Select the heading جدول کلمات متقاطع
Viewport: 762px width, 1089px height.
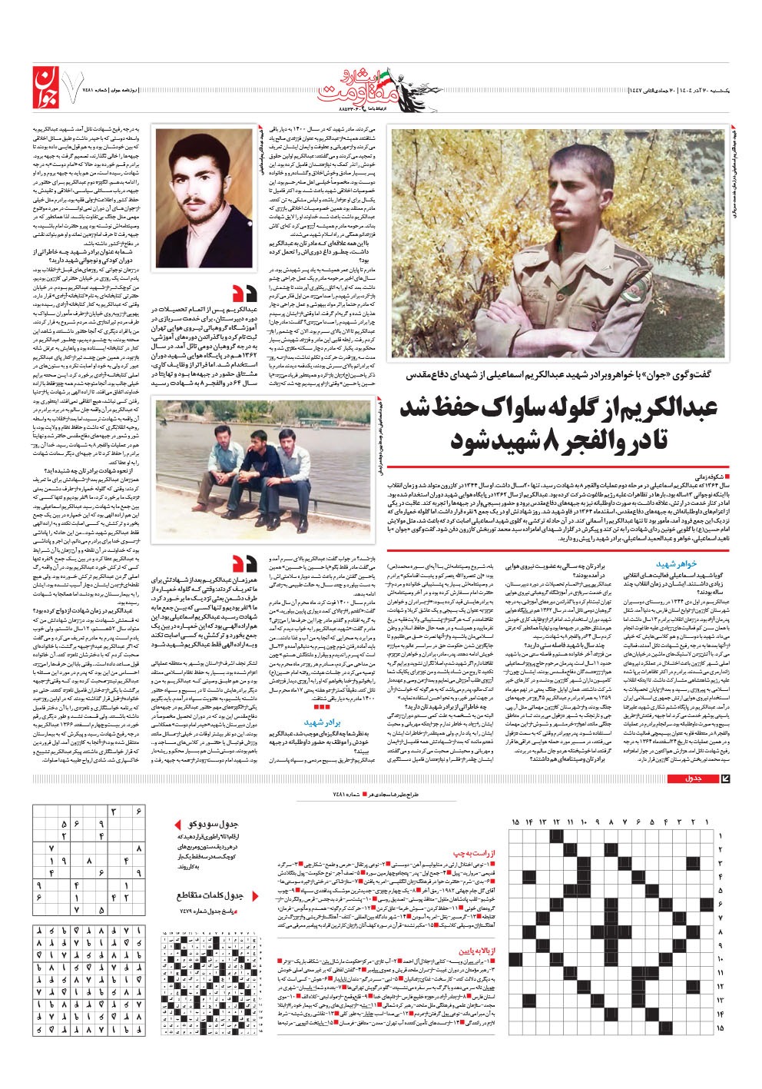pyautogui.click(x=209, y=896)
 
